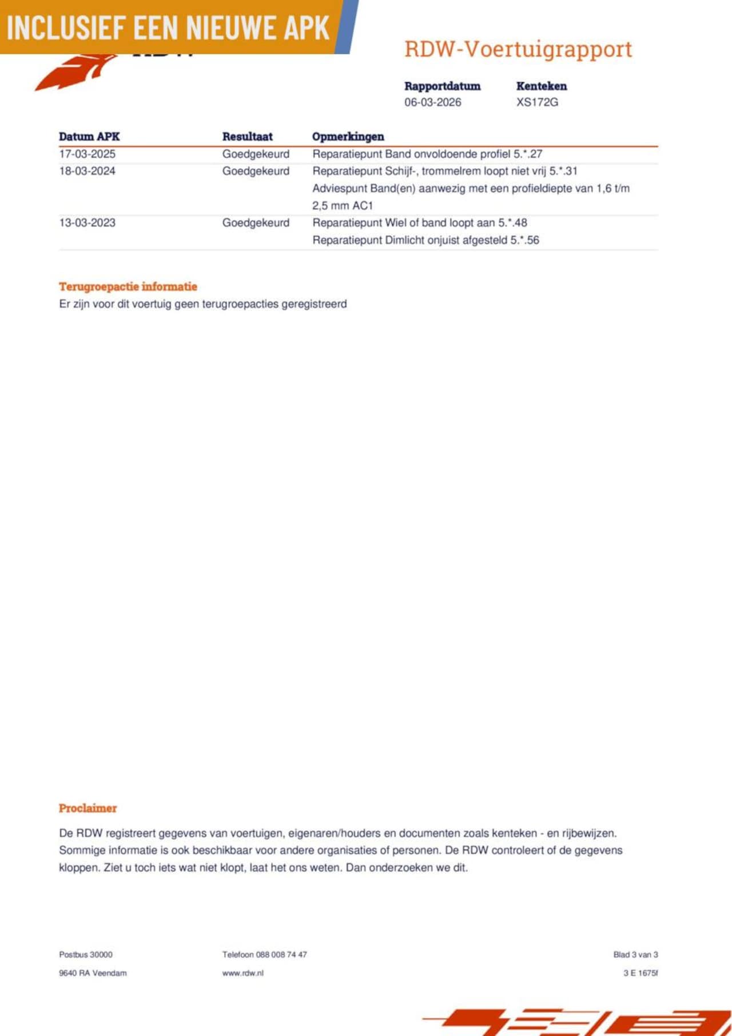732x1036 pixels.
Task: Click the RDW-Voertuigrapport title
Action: pyautogui.click(x=518, y=50)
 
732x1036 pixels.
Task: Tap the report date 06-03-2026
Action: pyautogui.click(x=432, y=102)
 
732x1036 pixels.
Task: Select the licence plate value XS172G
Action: pyautogui.click(x=537, y=102)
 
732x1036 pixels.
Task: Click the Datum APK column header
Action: pyautogui.click(x=89, y=137)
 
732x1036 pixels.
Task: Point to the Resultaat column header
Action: pyautogui.click(x=247, y=137)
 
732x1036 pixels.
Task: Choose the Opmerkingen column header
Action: pyautogui.click(x=348, y=137)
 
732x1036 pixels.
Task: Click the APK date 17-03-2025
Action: pyautogui.click(x=87, y=154)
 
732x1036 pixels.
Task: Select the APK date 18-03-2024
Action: pyautogui.click(x=87, y=171)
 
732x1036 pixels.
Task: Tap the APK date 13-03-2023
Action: pyautogui.click(x=87, y=223)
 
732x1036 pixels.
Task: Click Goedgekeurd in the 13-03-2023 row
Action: pyautogui.click(x=256, y=223)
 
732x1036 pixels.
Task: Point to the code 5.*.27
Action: pyautogui.click(x=528, y=154)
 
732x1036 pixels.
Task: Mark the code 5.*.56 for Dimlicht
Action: pyautogui.click(x=524, y=240)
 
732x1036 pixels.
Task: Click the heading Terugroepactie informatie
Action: pyautogui.click(x=128, y=287)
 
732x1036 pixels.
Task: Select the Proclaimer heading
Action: pyautogui.click(x=87, y=808)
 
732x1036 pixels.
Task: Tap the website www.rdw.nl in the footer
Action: pyautogui.click(x=242, y=973)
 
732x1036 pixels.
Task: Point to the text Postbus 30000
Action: pyautogui.click(x=86, y=955)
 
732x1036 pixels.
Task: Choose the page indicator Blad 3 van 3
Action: pyautogui.click(x=635, y=955)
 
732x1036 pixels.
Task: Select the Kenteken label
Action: pyautogui.click(x=541, y=86)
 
